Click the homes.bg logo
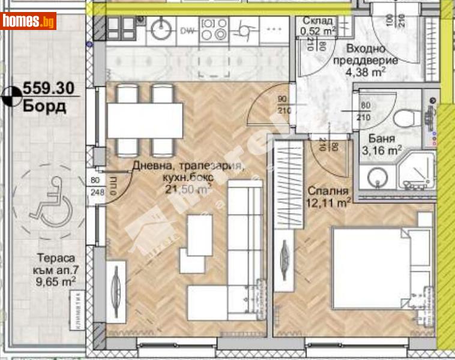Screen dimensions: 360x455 tap(28, 21)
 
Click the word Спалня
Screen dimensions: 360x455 tap(328, 191)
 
